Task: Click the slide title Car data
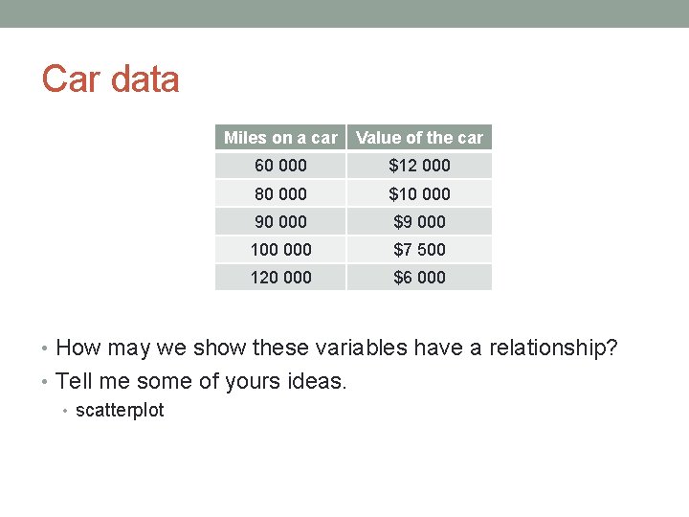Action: coord(111,79)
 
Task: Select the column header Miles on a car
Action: coord(280,138)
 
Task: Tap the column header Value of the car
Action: coord(419,138)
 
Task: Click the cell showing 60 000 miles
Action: coord(280,166)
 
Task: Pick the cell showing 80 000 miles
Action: coord(280,193)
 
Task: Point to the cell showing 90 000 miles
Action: coord(280,221)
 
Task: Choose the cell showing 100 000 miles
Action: coord(280,249)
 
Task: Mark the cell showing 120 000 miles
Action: coord(280,277)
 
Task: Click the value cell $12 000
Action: coord(419,166)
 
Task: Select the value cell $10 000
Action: coord(419,193)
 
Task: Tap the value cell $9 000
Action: coord(419,221)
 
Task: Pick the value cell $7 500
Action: coord(419,249)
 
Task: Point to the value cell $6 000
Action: coord(419,277)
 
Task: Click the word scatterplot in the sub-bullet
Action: coord(120,411)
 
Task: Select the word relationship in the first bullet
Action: coord(553,348)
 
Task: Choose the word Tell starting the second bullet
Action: coord(75,381)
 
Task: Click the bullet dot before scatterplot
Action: coord(65,412)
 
